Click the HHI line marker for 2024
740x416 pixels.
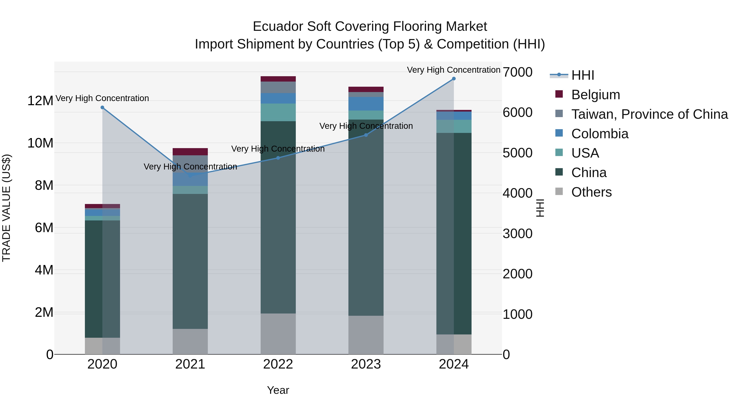pyautogui.click(x=454, y=79)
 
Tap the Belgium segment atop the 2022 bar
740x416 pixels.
pyautogui.click(x=278, y=79)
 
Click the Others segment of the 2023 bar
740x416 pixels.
pyautogui.click(x=366, y=335)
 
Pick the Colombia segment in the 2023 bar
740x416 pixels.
pyautogui.click(x=366, y=104)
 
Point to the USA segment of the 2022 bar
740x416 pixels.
pyautogui.click(x=278, y=112)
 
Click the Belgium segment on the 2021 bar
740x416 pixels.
pyautogui.click(x=190, y=152)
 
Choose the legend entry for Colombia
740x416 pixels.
pyautogui.click(x=600, y=134)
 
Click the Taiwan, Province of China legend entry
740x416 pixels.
pyautogui.click(x=649, y=114)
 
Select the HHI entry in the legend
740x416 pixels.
pyautogui.click(x=582, y=75)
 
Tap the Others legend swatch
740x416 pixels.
pyautogui.click(x=559, y=191)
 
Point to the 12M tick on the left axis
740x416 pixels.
pyautogui.click(x=40, y=101)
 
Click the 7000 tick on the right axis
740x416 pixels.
pyautogui.click(x=517, y=72)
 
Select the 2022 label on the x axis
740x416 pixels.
pyautogui.click(x=278, y=364)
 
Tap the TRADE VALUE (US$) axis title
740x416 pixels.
pyautogui.click(x=6, y=208)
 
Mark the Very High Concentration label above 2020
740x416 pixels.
pyautogui.click(x=102, y=98)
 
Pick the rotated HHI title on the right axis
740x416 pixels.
pyautogui.click(x=540, y=208)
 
